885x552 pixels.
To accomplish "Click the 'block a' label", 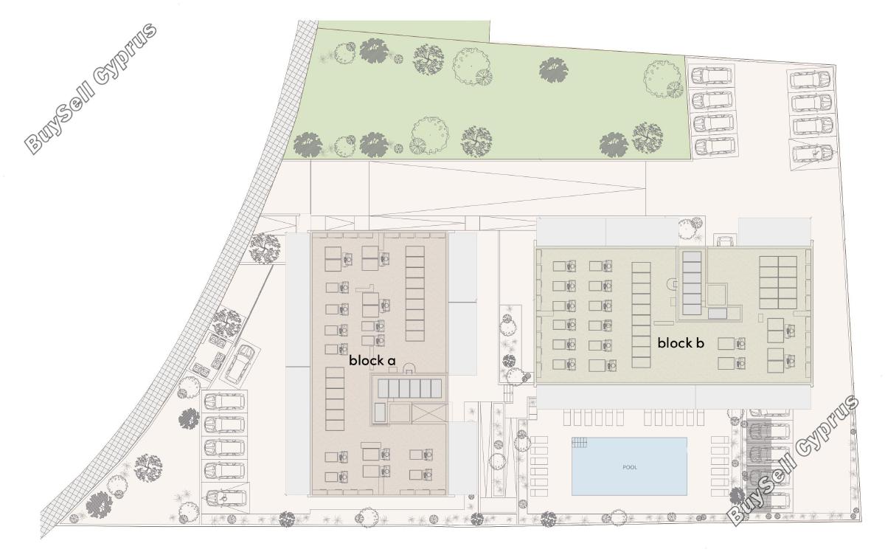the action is click(372, 360).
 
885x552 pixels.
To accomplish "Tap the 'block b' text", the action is click(681, 343).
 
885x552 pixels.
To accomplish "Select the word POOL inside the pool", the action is click(630, 467).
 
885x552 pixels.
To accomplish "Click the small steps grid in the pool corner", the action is click(580, 442).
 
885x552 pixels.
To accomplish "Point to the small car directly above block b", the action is click(725, 241).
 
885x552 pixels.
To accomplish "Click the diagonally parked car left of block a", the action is click(239, 364).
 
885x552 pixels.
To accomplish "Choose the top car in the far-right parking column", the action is click(811, 80).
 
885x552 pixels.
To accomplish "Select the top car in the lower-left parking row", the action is click(225, 401).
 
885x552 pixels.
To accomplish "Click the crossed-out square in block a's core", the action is click(429, 413).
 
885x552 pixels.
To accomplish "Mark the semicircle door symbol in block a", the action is click(409, 368).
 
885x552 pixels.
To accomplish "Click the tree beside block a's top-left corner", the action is click(264, 248).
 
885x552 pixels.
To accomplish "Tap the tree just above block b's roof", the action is click(692, 230).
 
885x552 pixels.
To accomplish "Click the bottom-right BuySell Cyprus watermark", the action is click(792, 460).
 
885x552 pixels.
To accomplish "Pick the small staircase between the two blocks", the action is click(508, 395).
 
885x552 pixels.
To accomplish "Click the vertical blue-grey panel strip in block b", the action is click(692, 283).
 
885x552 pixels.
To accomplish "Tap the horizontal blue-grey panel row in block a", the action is click(409, 388).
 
